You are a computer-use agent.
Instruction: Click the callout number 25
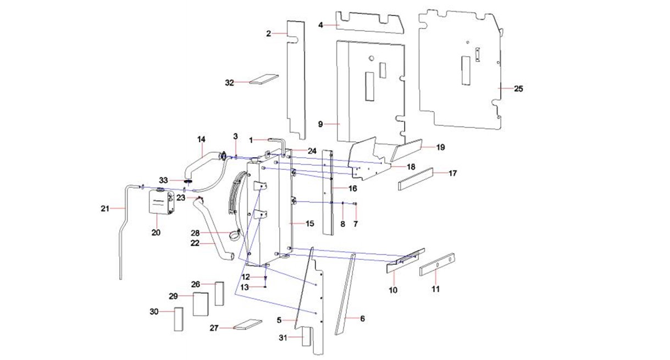pyautogui.click(x=518, y=88)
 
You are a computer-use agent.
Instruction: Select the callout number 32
pyautogui.click(x=229, y=83)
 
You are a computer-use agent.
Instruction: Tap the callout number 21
pyautogui.click(x=105, y=208)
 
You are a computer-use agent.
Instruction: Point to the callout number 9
pyautogui.click(x=320, y=124)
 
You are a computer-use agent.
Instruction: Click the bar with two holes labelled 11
pyautogui.click(x=437, y=264)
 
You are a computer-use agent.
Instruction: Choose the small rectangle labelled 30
pyautogui.click(x=178, y=319)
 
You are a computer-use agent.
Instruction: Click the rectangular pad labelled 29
pyautogui.click(x=200, y=304)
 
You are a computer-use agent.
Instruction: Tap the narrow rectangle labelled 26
pyautogui.click(x=219, y=293)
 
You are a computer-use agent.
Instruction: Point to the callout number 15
pyautogui.click(x=309, y=224)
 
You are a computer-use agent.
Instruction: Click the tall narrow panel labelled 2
pyautogui.click(x=297, y=80)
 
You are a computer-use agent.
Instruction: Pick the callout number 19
pyautogui.click(x=440, y=147)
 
